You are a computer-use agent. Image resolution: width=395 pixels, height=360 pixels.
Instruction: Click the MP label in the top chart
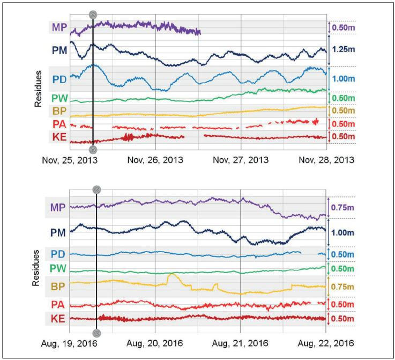click(58, 27)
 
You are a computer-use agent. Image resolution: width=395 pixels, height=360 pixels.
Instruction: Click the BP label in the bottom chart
click(58, 286)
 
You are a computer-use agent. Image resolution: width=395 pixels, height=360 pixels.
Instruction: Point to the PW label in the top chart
click(59, 99)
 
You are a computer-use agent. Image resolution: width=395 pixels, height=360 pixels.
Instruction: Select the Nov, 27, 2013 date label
click(241, 160)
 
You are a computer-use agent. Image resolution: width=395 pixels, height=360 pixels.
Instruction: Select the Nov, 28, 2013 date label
click(326, 160)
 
